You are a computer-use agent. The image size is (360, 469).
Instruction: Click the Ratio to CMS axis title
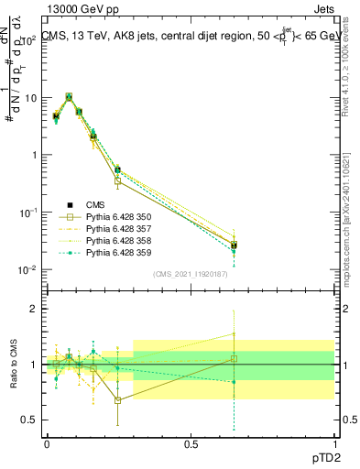coord(13,365)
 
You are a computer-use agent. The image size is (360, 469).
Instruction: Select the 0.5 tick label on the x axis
coord(191,443)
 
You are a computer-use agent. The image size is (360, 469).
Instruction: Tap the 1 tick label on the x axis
coord(334,443)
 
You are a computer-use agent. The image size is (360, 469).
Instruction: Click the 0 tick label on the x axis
coord(47,443)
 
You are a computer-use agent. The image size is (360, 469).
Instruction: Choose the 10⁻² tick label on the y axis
coord(27,269)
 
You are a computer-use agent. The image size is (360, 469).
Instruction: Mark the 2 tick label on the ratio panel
coord(34,309)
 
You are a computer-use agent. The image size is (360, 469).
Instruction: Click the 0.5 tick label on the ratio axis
coord(29,420)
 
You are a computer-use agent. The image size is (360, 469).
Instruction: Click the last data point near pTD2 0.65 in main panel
coord(234,245)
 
